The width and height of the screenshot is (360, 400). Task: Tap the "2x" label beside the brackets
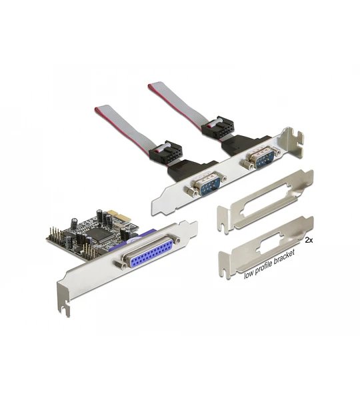[309, 240]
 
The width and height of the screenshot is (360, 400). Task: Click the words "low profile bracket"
[269, 264]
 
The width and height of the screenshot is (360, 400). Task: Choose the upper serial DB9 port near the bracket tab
[261, 158]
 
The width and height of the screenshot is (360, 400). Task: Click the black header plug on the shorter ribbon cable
[166, 152]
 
